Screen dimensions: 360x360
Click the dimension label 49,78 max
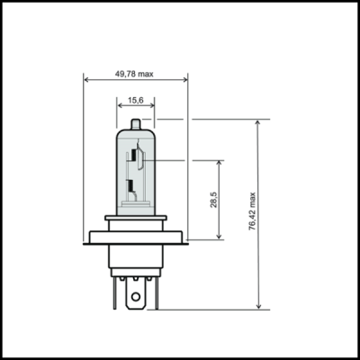(135, 74)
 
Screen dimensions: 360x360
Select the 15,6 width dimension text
(136, 101)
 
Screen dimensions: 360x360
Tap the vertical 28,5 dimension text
(212, 200)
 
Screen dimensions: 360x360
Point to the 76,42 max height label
(252, 213)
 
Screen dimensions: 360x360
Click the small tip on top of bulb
(136, 124)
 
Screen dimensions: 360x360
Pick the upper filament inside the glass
(135, 159)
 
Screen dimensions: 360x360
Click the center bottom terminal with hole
(136, 292)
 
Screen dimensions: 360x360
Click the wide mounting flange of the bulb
(136, 238)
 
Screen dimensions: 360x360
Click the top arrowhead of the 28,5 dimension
(219, 164)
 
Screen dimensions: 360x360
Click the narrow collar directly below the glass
(136, 218)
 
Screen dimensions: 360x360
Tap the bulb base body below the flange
(136, 258)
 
